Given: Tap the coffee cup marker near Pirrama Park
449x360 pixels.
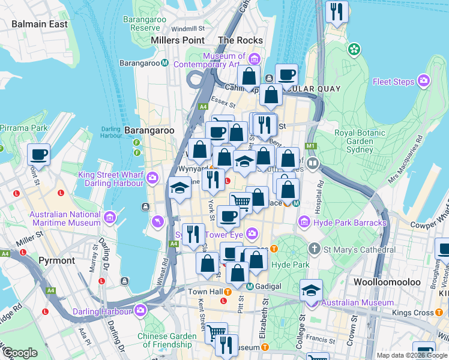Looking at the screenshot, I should pos(39,154).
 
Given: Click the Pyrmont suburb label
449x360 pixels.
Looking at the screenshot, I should pos(56,260).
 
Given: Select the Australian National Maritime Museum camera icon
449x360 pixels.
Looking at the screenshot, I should pos(110,218).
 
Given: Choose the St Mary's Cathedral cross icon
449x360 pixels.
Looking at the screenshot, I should pos(313,249).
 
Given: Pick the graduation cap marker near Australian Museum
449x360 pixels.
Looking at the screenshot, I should pos(311,290).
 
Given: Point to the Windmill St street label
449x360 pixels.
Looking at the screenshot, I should pos(187,28).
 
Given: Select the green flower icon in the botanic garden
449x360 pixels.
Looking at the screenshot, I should pos(354,48).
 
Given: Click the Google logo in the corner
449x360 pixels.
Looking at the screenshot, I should pos(20,353).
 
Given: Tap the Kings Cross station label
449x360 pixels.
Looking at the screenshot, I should pos(413,313).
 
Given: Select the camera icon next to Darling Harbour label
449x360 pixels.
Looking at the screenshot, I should pos(140,310).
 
